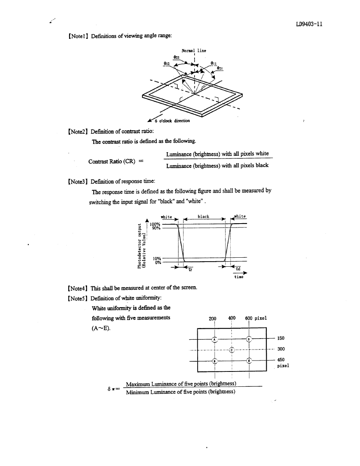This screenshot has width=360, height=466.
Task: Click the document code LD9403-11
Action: pos(309,24)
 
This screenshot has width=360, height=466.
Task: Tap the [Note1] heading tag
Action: pos(78,36)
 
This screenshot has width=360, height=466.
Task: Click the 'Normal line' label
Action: pos(194,50)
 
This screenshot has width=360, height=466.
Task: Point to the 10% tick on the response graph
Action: pos(157,258)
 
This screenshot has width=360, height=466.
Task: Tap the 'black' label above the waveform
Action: pos(203,217)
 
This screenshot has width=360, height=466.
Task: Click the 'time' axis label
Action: pos(238,277)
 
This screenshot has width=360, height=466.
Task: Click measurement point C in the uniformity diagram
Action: pos(232,349)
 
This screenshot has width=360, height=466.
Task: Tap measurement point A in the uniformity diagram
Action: pos(214,339)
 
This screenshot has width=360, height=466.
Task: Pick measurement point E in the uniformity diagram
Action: pos(249,360)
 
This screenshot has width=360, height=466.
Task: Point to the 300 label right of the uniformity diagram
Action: pos(281,349)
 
